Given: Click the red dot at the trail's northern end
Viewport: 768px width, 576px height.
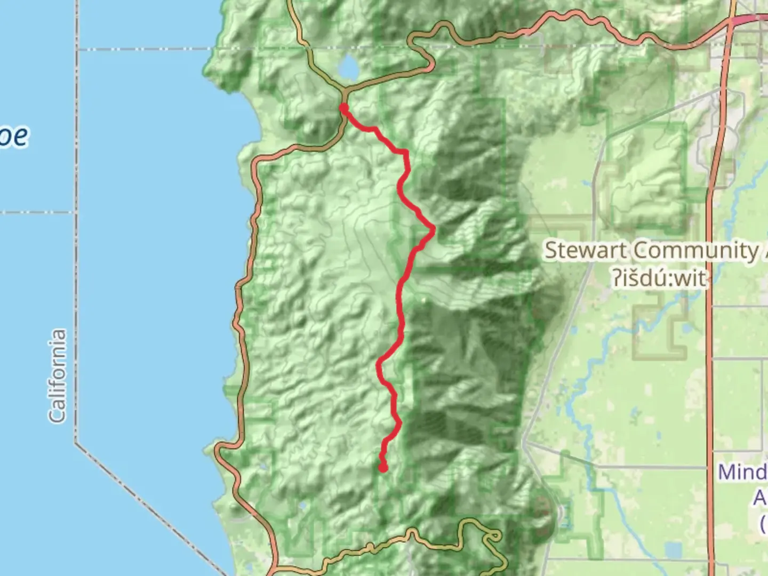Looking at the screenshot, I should (x=344, y=108).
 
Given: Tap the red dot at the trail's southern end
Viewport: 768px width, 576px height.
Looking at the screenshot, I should (x=383, y=468).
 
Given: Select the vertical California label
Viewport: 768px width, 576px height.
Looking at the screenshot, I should (x=57, y=376).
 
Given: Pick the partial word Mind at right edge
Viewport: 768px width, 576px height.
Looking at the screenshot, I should (x=742, y=473).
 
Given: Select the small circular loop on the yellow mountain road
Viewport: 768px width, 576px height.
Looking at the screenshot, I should (x=494, y=535).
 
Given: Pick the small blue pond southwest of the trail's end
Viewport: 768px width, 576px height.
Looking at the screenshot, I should (x=303, y=506).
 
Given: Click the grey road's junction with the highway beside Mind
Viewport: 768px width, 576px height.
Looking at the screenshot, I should (x=711, y=468).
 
